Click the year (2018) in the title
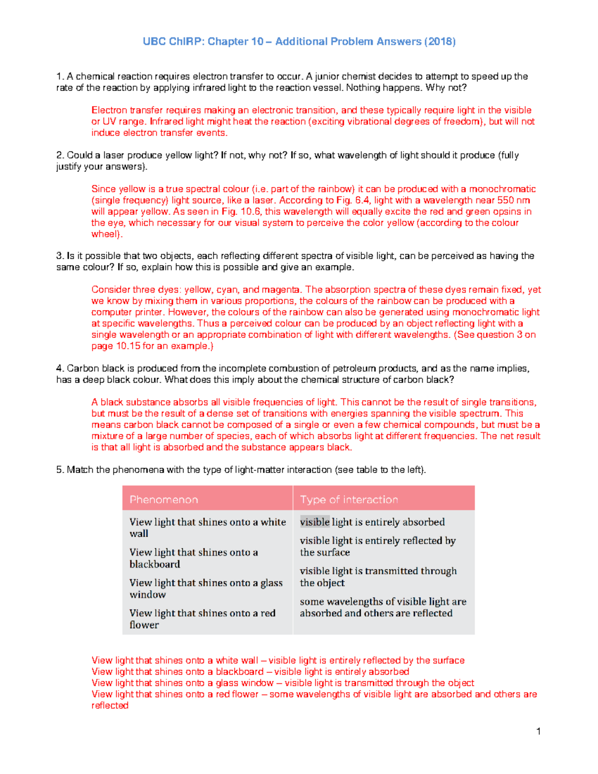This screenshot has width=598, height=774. tap(440, 42)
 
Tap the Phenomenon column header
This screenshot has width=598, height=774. tap(164, 499)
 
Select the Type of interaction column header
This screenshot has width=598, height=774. tap(349, 499)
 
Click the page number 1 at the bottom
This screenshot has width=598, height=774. tap(539, 731)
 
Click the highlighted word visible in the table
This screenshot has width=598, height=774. tap(314, 522)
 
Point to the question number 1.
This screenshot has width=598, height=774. tap(59, 76)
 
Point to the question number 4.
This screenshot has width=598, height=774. tap(59, 368)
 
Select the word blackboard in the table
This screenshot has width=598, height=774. tap(154, 564)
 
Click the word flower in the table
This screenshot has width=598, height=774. tap(144, 625)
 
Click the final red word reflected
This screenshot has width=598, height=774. tap(110, 705)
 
